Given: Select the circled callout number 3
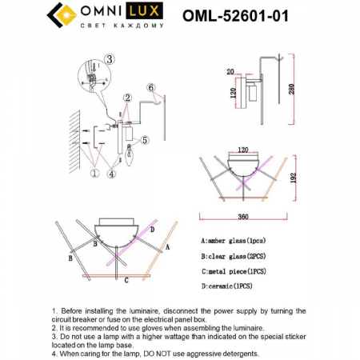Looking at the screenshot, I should pos(110,58).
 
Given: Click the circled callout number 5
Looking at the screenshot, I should pos(144,142).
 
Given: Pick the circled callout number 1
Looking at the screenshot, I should pos(95,171).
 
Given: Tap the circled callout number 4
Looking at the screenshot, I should pos(112,171).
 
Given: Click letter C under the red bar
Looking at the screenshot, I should pos(126,280).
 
